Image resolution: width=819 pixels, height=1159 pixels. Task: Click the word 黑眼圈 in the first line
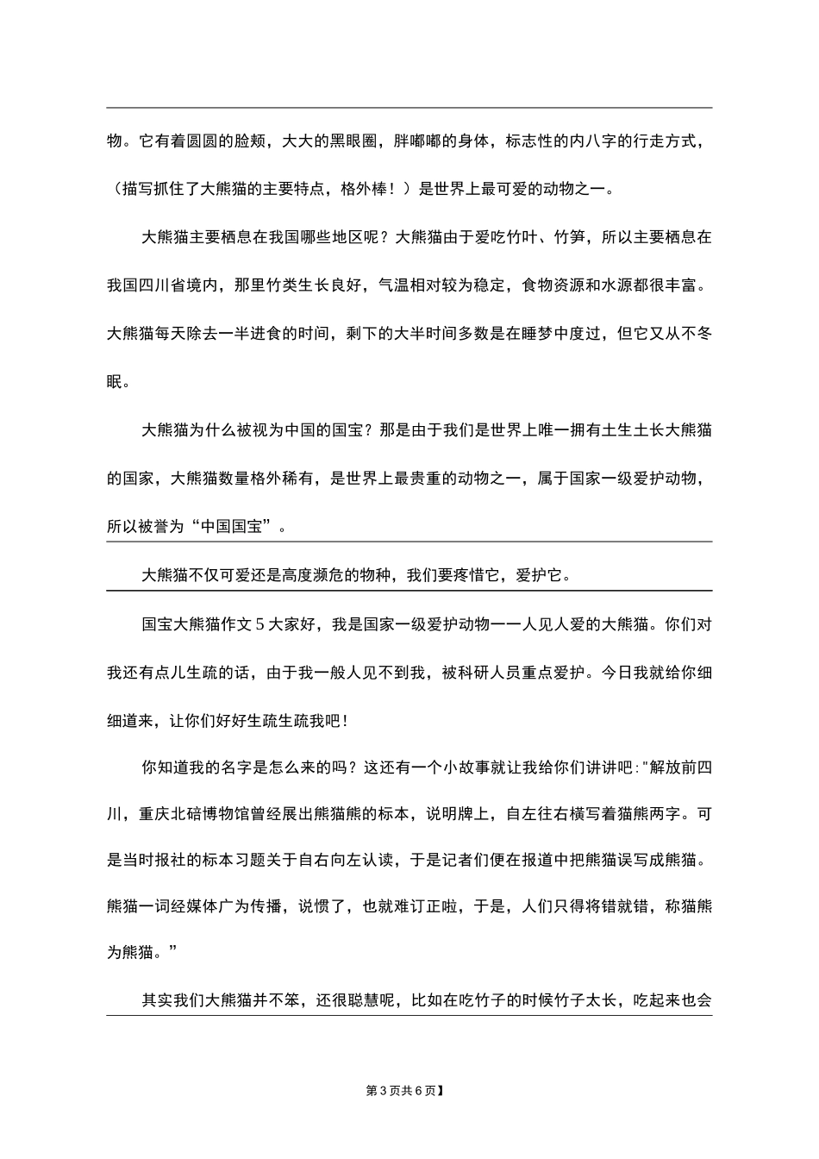[351, 141]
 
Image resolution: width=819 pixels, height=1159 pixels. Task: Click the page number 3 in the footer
[382, 1091]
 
